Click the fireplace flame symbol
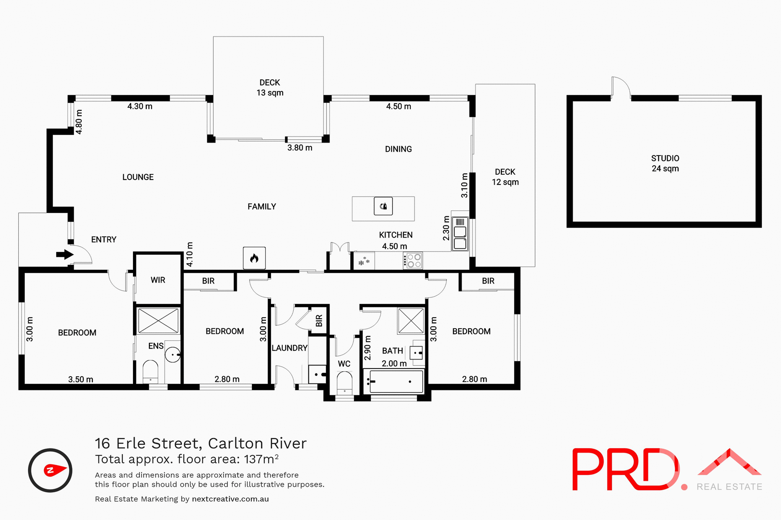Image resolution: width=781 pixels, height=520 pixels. [254, 258]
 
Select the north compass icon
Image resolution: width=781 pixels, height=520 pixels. [50, 470]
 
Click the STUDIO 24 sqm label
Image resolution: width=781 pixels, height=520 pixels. [665, 163]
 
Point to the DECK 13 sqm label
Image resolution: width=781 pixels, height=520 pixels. [270, 87]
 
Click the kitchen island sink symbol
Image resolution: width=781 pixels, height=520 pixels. [383, 206]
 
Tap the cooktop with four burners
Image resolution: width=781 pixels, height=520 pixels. [414, 261]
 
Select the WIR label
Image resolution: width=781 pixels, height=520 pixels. [158, 280]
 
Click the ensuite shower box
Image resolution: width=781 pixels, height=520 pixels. [158, 321]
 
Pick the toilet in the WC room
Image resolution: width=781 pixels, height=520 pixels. [345, 383]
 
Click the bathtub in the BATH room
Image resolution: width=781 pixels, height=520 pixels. [393, 381]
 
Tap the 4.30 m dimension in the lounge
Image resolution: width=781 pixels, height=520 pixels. [140, 106]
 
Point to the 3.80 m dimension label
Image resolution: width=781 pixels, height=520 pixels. [300, 148]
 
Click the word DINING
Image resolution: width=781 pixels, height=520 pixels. [398, 149]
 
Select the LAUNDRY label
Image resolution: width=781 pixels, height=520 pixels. [289, 348]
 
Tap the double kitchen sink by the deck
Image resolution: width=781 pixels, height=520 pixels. [460, 238]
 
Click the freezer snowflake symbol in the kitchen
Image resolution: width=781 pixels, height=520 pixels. [364, 261]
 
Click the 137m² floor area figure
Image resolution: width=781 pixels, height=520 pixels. [261, 459]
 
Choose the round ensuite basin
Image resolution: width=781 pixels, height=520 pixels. [172, 355]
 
